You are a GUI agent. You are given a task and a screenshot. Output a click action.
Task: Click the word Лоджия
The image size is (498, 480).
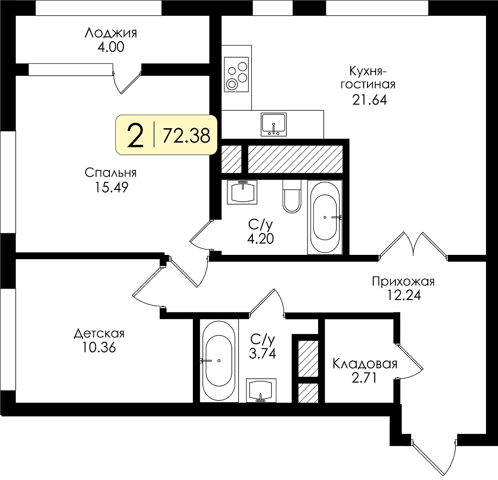[x=110, y=33]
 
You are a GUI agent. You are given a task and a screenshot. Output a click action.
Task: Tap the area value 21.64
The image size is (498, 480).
[x=369, y=100]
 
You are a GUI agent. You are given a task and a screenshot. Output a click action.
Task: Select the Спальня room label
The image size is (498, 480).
[x=110, y=173]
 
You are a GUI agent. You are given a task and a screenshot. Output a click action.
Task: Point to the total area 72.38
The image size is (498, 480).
[x=187, y=136]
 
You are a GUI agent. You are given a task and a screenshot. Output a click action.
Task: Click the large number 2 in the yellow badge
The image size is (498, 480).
[x=135, y=135]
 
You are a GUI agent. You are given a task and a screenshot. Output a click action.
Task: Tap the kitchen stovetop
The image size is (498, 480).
[x=237, y=75]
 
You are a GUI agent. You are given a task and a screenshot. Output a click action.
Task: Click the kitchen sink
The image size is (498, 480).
[x=273, y=124]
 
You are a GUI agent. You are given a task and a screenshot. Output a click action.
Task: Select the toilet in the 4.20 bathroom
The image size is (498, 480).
[x=292, y=196]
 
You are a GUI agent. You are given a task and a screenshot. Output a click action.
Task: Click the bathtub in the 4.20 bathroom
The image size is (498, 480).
[x=325, y=217]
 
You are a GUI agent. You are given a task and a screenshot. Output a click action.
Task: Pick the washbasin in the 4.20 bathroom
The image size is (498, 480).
[x=242, y=192]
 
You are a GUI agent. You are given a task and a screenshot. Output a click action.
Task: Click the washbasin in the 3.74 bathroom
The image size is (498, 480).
[x=261, y=390]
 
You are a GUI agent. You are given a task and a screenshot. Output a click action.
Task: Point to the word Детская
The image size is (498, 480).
[x=99, y=334]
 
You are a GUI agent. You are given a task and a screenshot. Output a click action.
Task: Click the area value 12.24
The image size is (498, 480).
[x=403, y=295]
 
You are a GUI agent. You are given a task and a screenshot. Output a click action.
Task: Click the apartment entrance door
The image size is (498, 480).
[x=434, y=457]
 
